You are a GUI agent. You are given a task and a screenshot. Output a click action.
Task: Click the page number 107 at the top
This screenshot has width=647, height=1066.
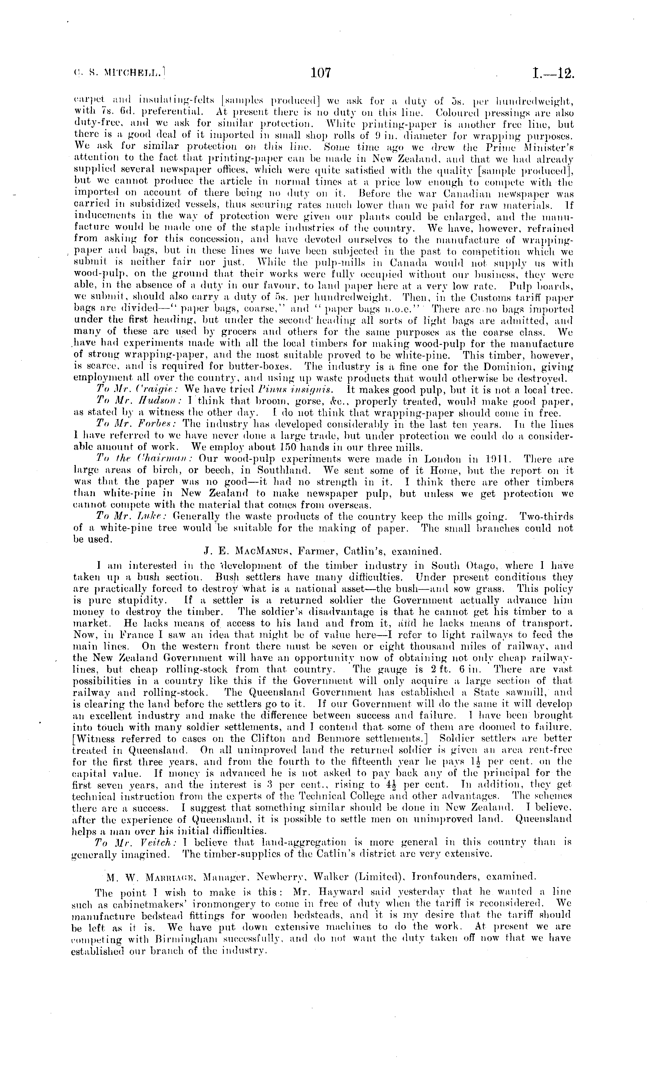(x=320, y=73)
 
